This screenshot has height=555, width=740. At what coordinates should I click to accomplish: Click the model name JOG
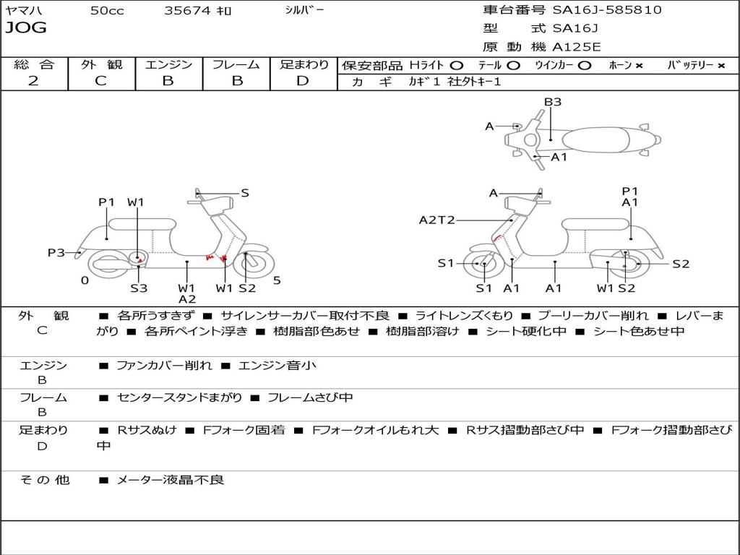(26, 28)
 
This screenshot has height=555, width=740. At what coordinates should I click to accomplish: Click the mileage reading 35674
(187, 10)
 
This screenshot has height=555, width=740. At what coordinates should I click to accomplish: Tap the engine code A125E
(576, 48)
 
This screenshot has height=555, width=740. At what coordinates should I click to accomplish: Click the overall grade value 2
(33, 81)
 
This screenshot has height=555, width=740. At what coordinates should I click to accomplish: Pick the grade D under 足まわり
(303, 81)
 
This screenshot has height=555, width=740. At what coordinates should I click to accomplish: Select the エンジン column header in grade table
(168, 64)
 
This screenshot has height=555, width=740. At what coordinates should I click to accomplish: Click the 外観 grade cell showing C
(100, 81)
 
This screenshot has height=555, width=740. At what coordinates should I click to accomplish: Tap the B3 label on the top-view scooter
(553, 102)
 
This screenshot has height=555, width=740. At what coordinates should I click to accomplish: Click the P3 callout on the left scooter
(56, 252)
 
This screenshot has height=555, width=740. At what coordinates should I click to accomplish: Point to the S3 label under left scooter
(139, 288)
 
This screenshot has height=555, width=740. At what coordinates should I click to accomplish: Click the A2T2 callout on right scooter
(437, 220)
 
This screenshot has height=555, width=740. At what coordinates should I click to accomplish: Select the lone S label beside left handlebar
(245, 193)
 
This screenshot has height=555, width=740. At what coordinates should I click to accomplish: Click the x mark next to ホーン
(639, 65)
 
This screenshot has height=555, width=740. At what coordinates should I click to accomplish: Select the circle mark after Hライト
(457, 65)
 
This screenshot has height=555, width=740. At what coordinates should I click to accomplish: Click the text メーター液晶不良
(171, 480)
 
